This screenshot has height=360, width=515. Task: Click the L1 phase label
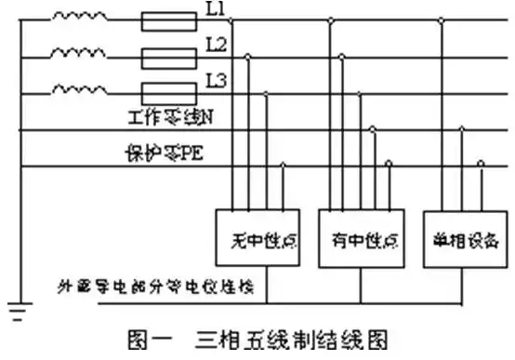point(209,11)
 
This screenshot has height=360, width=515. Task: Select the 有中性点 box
point(356,238)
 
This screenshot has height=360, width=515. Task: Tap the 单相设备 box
point(459,238)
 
